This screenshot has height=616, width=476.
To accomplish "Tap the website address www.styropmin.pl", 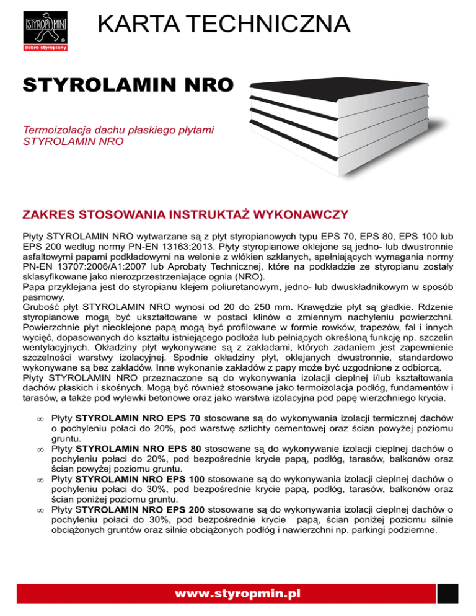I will point(237,594).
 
